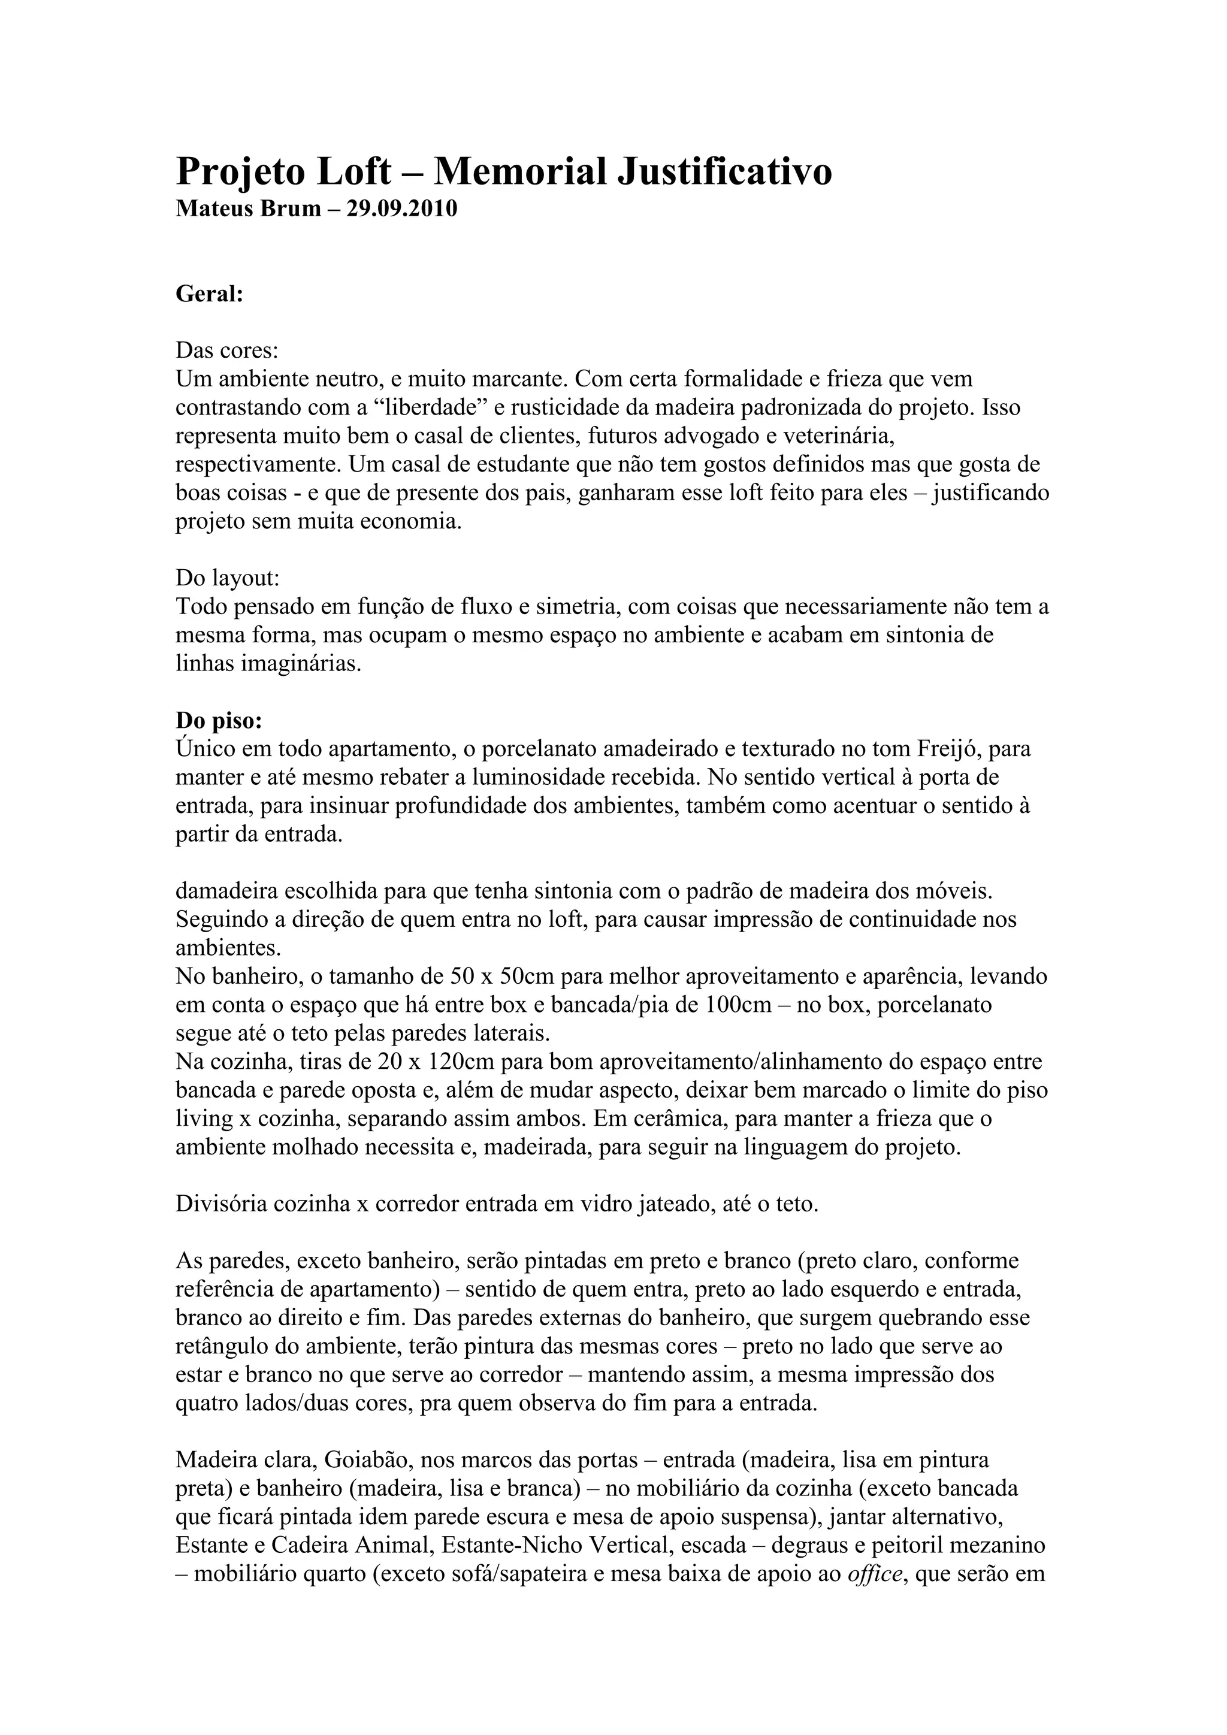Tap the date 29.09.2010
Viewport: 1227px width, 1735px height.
coord(402,208)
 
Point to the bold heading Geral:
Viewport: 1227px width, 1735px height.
coord(209,294)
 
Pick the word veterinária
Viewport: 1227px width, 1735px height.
coord(839,436)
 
